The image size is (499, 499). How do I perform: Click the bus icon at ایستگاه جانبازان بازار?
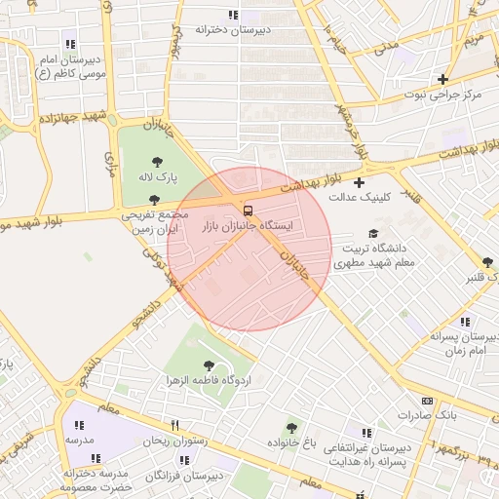pyautogui.click(x=248, y=209)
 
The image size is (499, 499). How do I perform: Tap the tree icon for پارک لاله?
pyautogui.click(x=158, y=162)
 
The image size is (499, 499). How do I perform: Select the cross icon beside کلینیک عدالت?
pyautogui.click(x=360, y=182)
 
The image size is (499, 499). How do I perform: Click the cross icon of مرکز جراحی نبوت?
pyautogui.click(x=443, y=79)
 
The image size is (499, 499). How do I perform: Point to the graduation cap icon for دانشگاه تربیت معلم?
pyautogui.click(x=372, y=233)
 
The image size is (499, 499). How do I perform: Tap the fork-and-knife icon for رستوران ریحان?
pyautogui.click(x=175, y=425)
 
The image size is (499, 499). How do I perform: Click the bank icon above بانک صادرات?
pyautogui.click(x=427, y=401)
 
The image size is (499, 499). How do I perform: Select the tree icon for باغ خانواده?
pyautogui.click(x=291, y=428)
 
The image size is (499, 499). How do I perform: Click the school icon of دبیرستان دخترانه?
pyautogui.click(x=232, y=15)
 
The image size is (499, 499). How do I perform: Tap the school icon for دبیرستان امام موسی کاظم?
pyautogui.click(x=69, y=44)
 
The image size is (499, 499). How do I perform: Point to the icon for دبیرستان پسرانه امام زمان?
pyautogui.click(x=465, y=322)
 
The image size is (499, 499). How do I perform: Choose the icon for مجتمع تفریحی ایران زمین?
pyautogui.click(x=155, y=199)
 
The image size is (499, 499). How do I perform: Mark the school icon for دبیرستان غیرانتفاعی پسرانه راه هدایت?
pyautogui.click(x=366, y=432)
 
